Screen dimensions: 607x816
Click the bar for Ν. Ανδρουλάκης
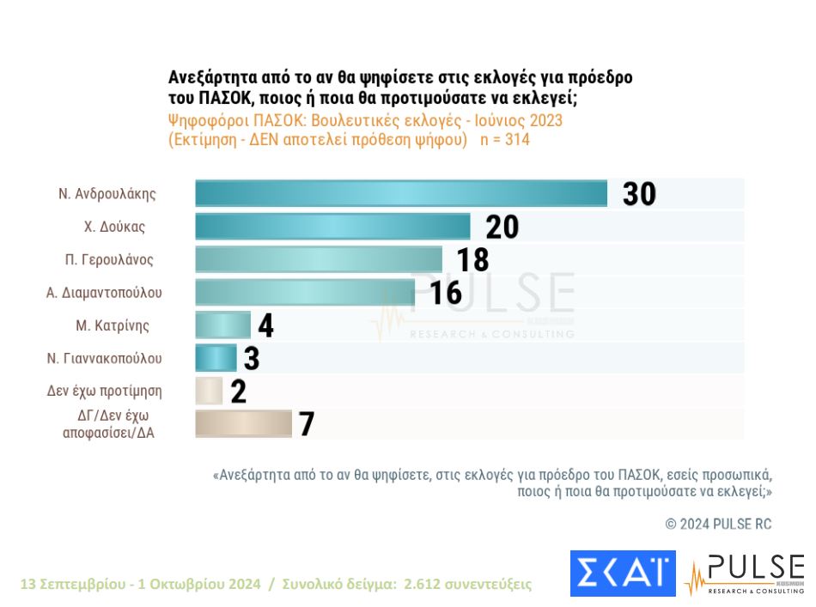click(401, 193)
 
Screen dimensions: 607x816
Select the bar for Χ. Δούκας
click(332, 227)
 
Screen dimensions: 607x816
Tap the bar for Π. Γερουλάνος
click(319, 259)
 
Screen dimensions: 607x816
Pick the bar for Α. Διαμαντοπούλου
click(305, 292)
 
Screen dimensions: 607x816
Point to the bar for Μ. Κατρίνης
click(222, 325)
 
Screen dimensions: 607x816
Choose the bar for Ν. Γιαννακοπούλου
click(216, 357)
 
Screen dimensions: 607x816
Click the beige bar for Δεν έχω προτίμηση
click(209, 391)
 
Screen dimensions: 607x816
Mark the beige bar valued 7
click(243, 423)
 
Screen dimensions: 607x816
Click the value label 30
click(639, 194)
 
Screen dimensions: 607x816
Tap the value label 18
click(472, 259)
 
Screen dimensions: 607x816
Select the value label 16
click(446, 293)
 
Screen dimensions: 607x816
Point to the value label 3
click(251, 358)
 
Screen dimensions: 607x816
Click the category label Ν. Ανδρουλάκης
click(107, 193)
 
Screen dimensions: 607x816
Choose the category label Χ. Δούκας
click(114, 227)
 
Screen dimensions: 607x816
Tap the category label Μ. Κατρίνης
click(113, 325)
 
